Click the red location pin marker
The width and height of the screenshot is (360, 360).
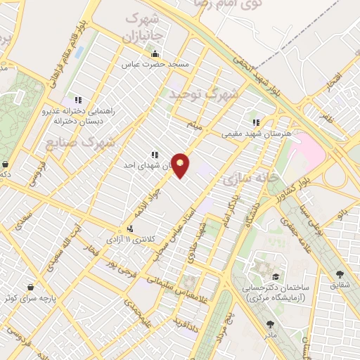pos(181,165)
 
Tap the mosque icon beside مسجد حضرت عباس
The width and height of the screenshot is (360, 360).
pos(155,54)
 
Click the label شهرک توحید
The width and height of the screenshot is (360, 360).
pos(203,92)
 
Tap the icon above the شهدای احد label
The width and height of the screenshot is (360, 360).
pos(155,155)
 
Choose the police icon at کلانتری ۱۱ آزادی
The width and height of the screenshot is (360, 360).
pos(131,229)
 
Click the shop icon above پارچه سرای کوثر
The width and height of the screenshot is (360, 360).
pos(31,287)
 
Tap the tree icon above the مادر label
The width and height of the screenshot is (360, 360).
pos(271,324)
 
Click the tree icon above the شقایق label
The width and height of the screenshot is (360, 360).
pos(341,275)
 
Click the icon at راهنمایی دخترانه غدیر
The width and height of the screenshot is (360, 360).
pos(77,101)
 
